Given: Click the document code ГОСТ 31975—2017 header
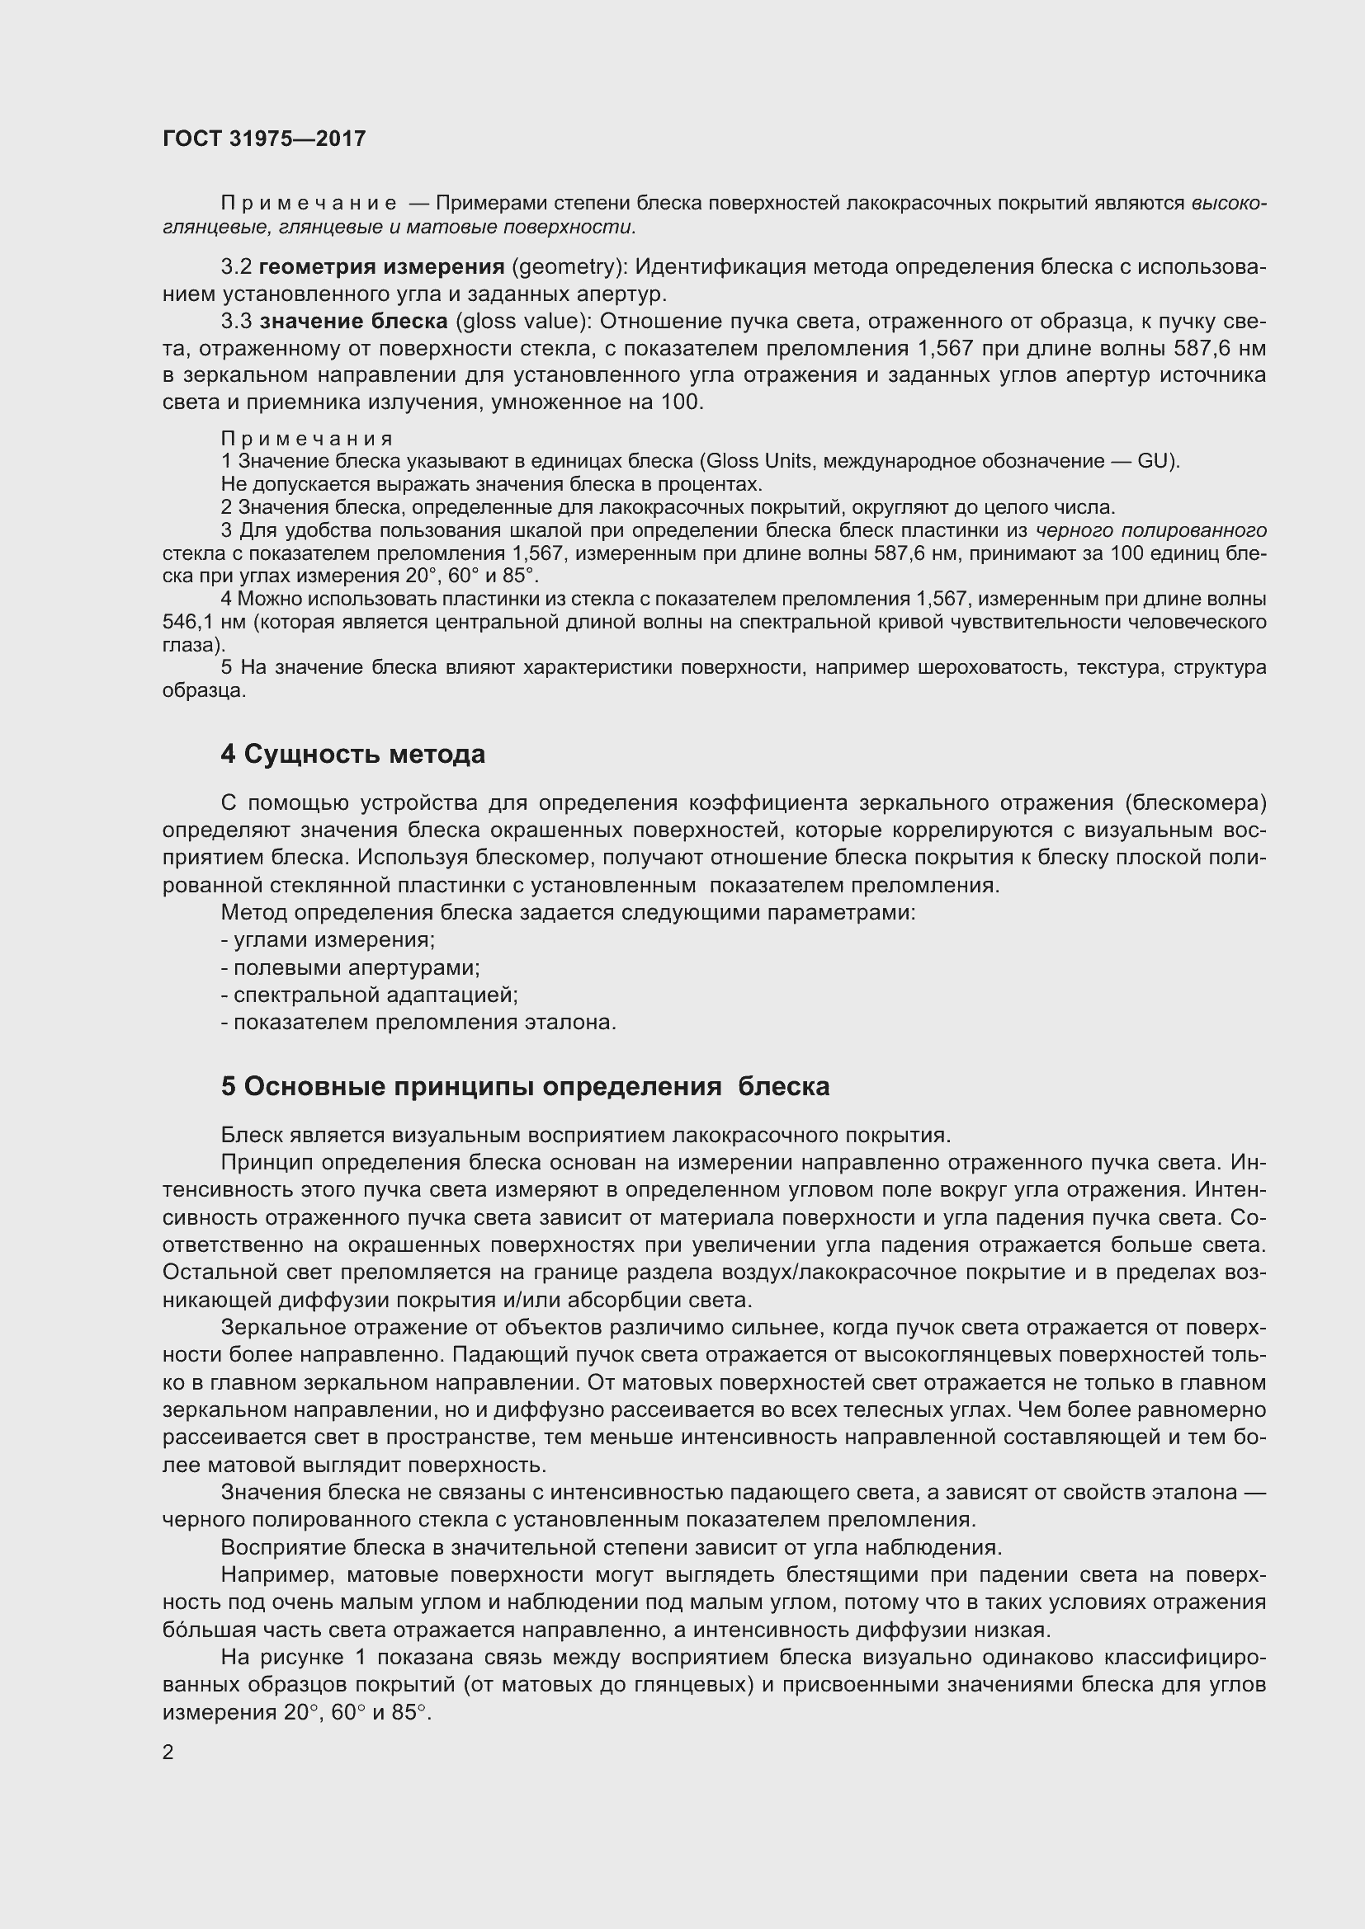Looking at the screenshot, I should click(x=264, y=139).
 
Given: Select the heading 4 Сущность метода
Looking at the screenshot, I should click(x=352, y=755).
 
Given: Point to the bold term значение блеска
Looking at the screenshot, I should click(x=353, y=321).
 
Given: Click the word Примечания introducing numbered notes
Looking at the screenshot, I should click(x=307, y=439).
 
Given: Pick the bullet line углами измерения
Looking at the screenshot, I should click(x=328, y=940).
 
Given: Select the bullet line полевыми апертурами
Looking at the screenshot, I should click(x=351, y=968).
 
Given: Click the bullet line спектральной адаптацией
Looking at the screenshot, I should click(x=370, y=995).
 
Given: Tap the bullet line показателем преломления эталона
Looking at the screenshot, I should click(x=418, y=1023).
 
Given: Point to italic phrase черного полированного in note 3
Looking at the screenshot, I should click(x=1150, y=530).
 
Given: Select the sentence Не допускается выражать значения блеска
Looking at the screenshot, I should click(x=492, y=485).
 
